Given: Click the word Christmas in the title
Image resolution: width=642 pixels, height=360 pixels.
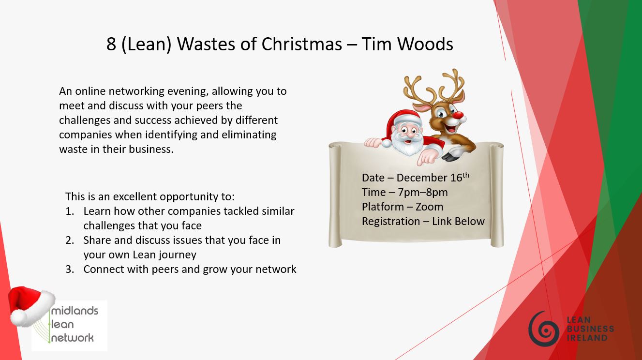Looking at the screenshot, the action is (302, 44).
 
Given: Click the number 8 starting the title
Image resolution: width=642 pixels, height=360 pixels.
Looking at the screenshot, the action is (111, 45).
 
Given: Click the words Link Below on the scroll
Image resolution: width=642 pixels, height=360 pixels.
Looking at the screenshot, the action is (458, 221).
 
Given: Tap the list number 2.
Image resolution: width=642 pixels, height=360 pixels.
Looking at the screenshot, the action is (70, 240).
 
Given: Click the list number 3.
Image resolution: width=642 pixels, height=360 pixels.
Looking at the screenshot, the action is (70, 270).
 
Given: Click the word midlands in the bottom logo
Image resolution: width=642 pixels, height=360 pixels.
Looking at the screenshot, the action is (75, 311).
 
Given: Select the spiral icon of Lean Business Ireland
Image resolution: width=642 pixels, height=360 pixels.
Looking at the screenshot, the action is (544, 329).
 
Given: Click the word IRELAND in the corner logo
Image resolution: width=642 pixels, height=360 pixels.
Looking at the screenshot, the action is (587, 338).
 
